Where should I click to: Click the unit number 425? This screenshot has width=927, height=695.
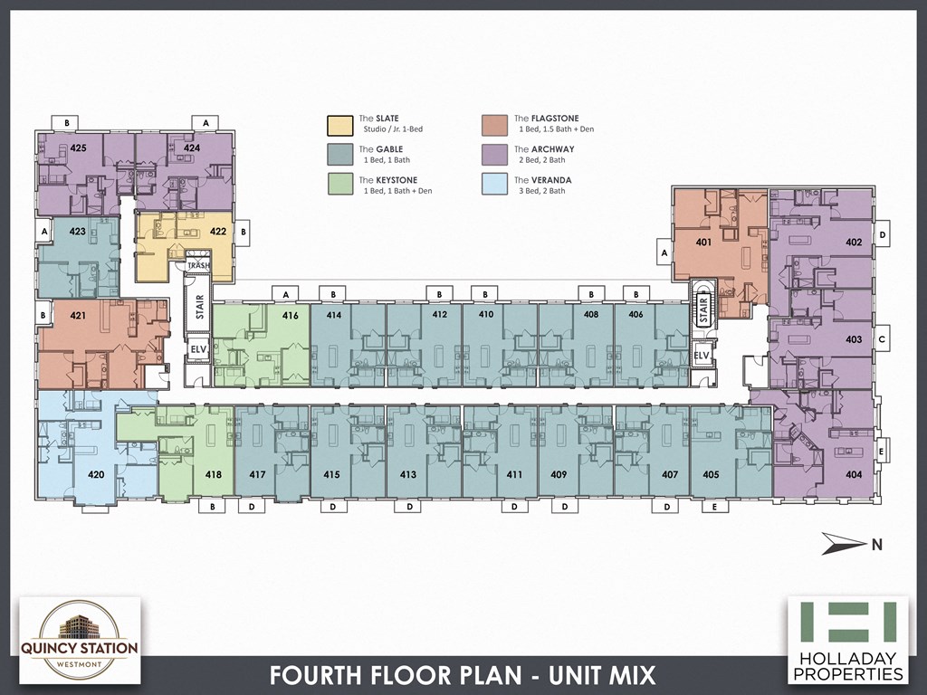point(78,147)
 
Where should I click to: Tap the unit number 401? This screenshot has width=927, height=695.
point(703,242)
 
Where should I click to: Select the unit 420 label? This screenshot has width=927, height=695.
point(95,474)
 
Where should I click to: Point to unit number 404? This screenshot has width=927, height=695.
point(853,474)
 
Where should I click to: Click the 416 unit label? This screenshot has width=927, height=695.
point(290,316)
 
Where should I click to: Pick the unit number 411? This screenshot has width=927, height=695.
point(514,474)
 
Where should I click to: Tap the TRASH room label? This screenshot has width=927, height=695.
point(198,265)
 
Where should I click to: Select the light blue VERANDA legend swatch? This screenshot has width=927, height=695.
point(495,185)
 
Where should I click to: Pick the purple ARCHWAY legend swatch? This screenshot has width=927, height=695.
point(495,154)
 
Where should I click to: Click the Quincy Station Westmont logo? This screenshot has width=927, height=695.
point(80,639)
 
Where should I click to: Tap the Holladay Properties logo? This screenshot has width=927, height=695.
point(847,639)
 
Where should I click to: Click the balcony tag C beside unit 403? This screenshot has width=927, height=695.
point(882,339)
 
